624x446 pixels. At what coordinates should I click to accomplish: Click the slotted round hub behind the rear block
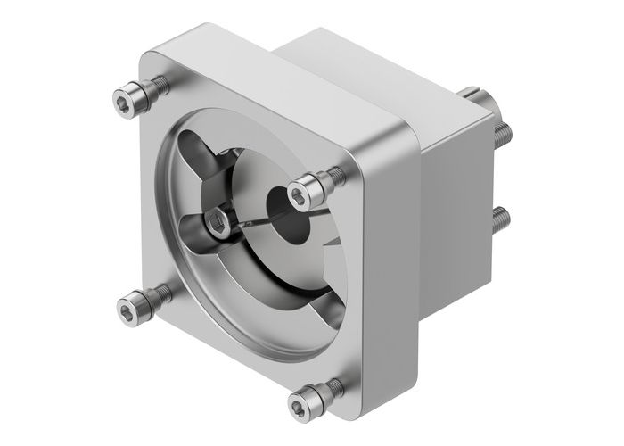tap(477, 99)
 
